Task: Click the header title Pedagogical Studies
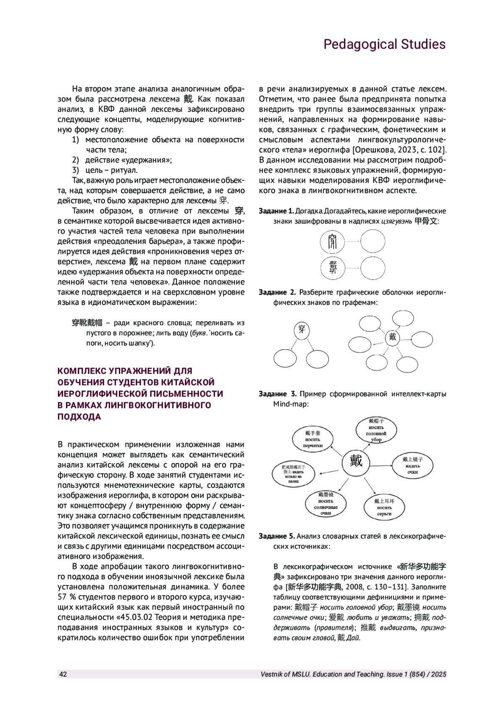(384, 44)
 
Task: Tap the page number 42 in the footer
(63, 674)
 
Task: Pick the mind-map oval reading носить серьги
(384, 507)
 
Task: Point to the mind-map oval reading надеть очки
(412, 466)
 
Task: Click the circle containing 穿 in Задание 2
(302, 329)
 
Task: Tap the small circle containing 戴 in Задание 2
(392, 337)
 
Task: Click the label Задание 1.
(276, 211)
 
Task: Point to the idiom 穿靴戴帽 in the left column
(87, 323)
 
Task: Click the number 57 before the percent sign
(63, 597)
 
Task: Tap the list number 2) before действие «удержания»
(75, 160)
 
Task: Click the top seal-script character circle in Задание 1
(332, 242)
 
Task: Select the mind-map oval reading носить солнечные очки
(325, 504)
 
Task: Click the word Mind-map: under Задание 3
(291, 404)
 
